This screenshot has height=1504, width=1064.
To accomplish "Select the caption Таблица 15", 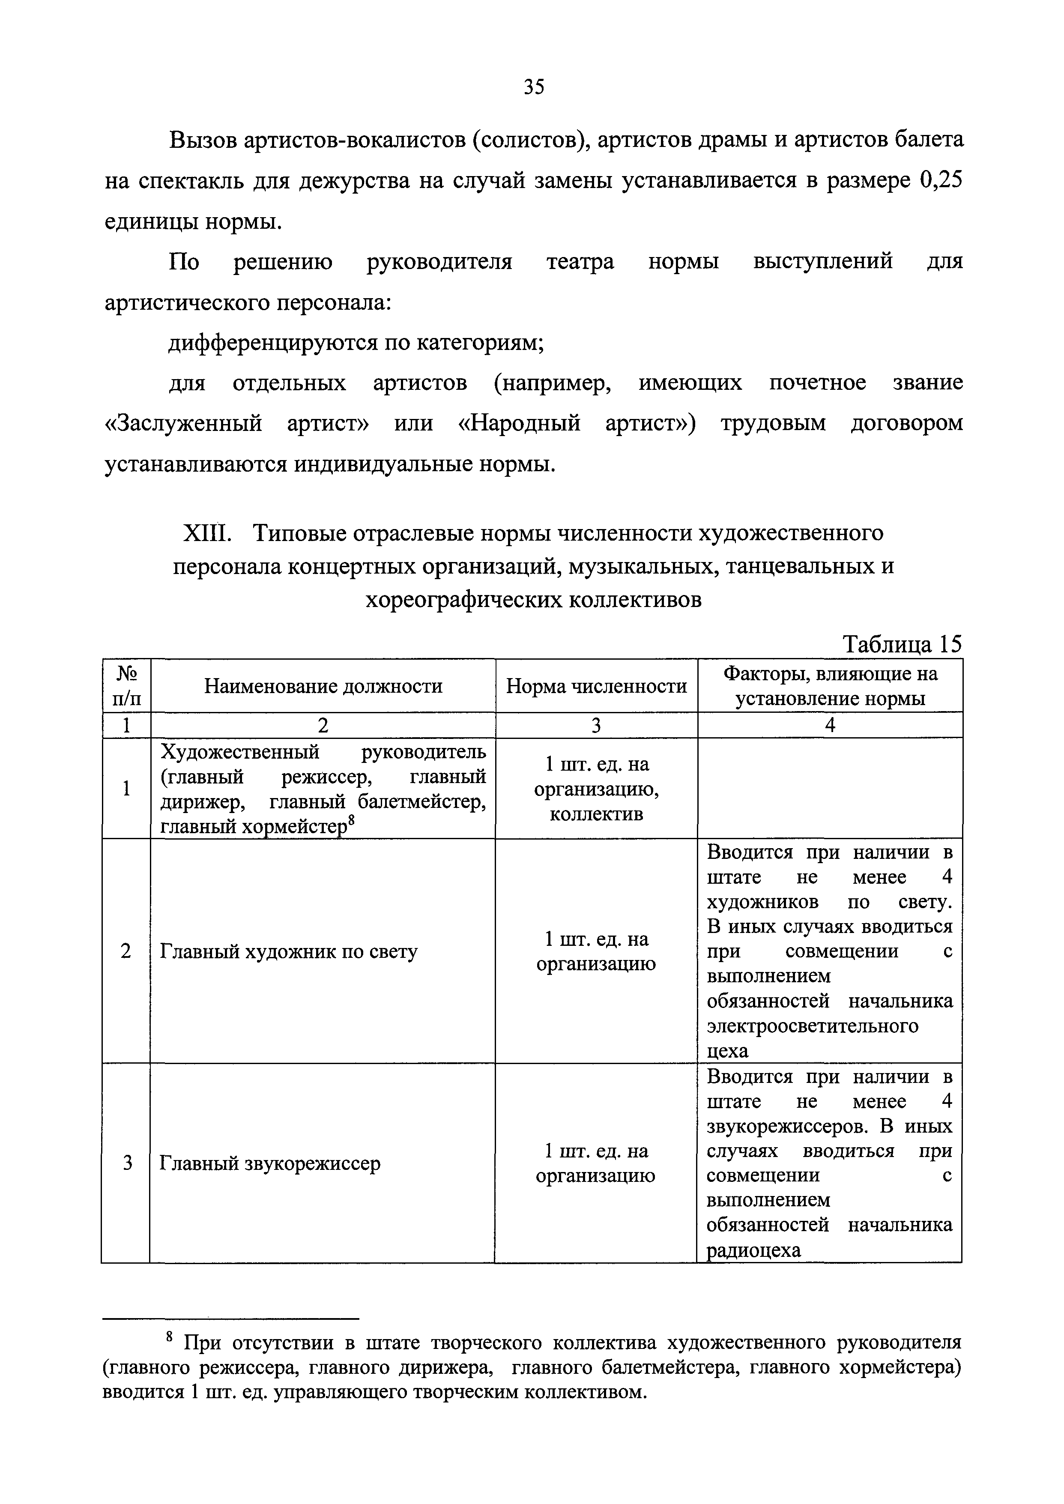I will coord(902,645).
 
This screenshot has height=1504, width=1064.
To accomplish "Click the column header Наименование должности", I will coord(323,686).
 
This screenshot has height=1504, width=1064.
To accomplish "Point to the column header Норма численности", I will coord(596,686).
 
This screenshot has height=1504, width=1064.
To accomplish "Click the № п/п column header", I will coord(126,686).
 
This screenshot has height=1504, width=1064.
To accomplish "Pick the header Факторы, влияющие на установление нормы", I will coord(830,686).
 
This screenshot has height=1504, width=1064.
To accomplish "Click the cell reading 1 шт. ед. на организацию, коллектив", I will coord(596,789).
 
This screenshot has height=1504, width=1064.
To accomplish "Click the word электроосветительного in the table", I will coord(813,1026).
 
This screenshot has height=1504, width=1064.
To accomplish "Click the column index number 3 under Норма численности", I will coord(596,725).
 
